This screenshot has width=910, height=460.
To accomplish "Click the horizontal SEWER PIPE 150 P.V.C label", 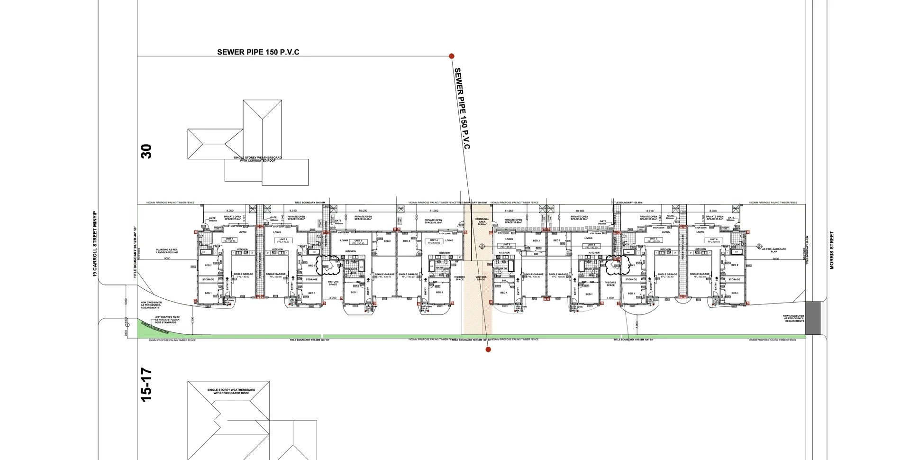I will point(258,52).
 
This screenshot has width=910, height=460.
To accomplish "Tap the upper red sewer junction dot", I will point(452,56).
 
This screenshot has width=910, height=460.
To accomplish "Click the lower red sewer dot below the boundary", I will point(488,350).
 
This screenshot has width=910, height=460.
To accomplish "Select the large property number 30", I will point(147,151).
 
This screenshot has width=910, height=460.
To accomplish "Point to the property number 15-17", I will point(147,385).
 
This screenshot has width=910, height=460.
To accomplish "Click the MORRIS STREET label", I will point(832,250).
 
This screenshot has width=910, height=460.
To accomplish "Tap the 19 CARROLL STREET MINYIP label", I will point(95,244).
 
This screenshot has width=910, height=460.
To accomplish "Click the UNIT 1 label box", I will point(229,240).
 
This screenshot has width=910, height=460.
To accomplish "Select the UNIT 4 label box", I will point(434,241).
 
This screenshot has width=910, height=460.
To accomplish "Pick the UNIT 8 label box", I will point(714,240).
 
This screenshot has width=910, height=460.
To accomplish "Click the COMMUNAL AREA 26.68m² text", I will point(482,221).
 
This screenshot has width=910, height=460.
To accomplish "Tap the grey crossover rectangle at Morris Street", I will point(813,318).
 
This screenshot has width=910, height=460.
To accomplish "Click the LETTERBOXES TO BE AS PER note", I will point(167,320).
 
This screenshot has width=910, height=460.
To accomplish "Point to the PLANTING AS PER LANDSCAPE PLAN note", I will point(167,251).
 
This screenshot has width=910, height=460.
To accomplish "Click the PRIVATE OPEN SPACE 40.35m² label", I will point(433,221).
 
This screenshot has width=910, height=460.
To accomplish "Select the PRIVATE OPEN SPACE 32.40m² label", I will point(513,221).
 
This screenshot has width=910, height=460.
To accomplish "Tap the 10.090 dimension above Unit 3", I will point(363,211).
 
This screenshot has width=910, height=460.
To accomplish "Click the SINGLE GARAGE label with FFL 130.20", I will point(408,275).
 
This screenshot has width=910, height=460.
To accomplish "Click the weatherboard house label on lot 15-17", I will point(231,391).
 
